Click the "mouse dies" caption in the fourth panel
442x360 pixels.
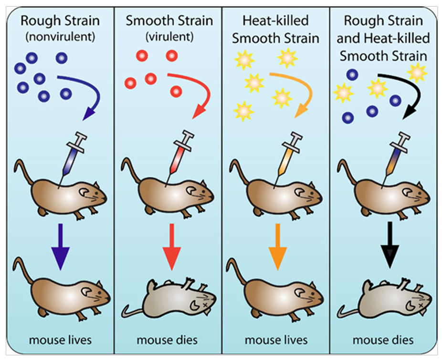[x=383, y=340]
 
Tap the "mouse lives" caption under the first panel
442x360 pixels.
[x=60, y=340]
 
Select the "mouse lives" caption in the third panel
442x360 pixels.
[x=275, y=340]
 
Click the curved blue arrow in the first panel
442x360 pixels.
[x=86, y=91]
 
